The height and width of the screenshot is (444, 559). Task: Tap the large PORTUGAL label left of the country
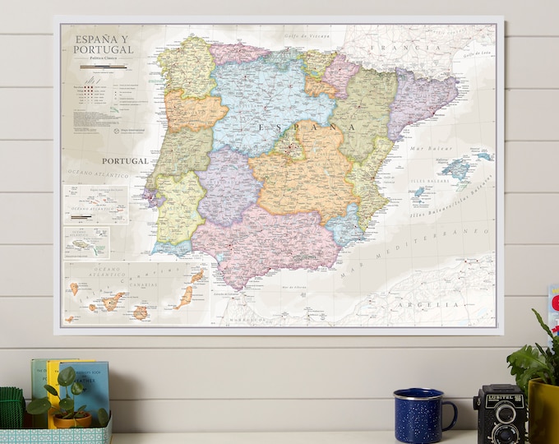125,160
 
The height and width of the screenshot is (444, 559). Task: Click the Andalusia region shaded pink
271,238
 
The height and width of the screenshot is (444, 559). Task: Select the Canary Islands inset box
136,292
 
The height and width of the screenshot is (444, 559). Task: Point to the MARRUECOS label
247,317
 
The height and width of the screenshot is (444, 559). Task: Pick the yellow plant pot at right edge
543,411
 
